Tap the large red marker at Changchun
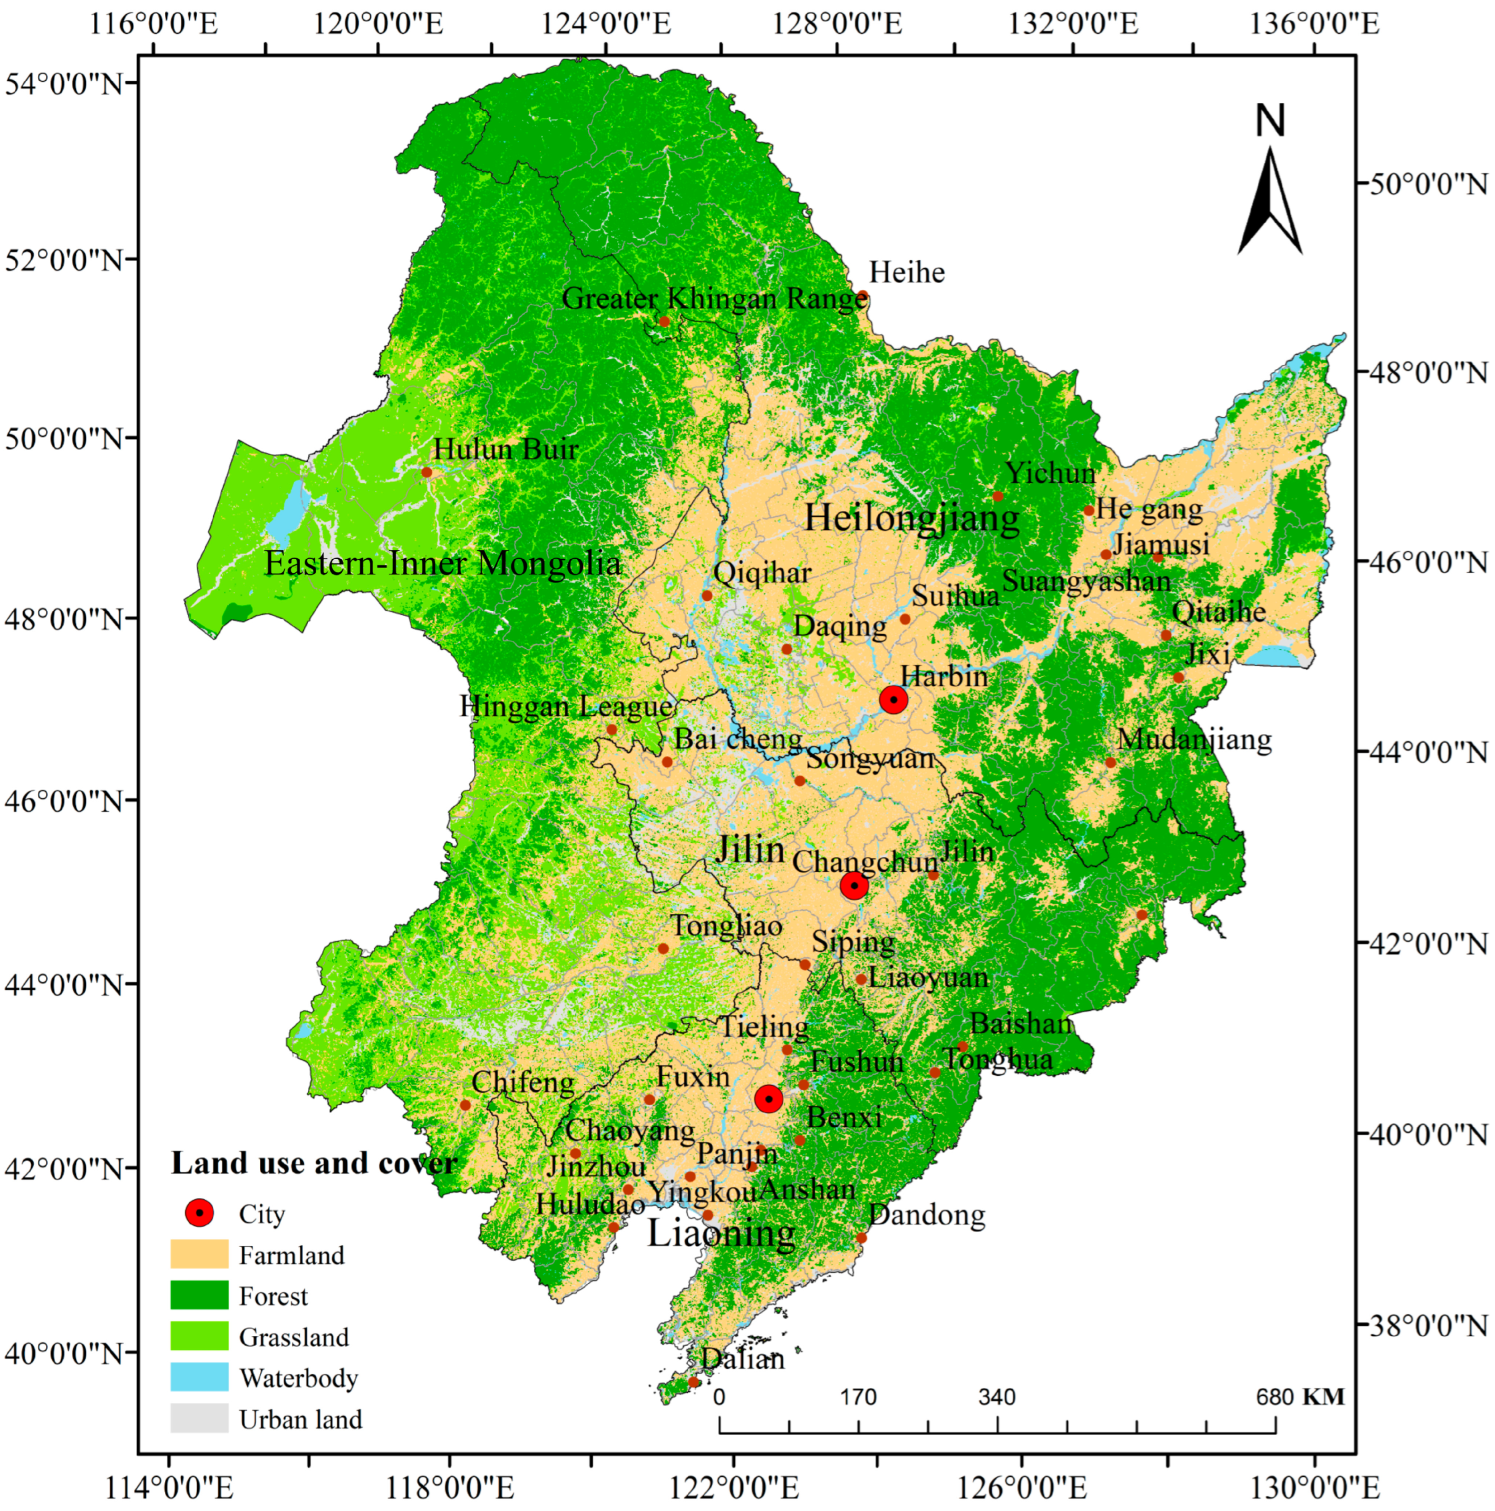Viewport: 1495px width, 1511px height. tap(855, 885)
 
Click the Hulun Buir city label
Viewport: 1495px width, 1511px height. tap(506, 449)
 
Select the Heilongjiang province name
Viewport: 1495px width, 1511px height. tap(912, 518)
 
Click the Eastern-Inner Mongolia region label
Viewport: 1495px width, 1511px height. tap(443, 563)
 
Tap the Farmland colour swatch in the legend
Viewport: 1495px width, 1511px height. tap(199, 1254)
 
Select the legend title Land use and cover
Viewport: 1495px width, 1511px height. tap(314, 1163)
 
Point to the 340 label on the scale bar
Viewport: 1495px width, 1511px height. tap(997, 1397)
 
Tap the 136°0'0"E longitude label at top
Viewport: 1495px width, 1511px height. tap(1314, 24)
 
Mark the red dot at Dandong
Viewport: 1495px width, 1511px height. tap(861, 1238)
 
